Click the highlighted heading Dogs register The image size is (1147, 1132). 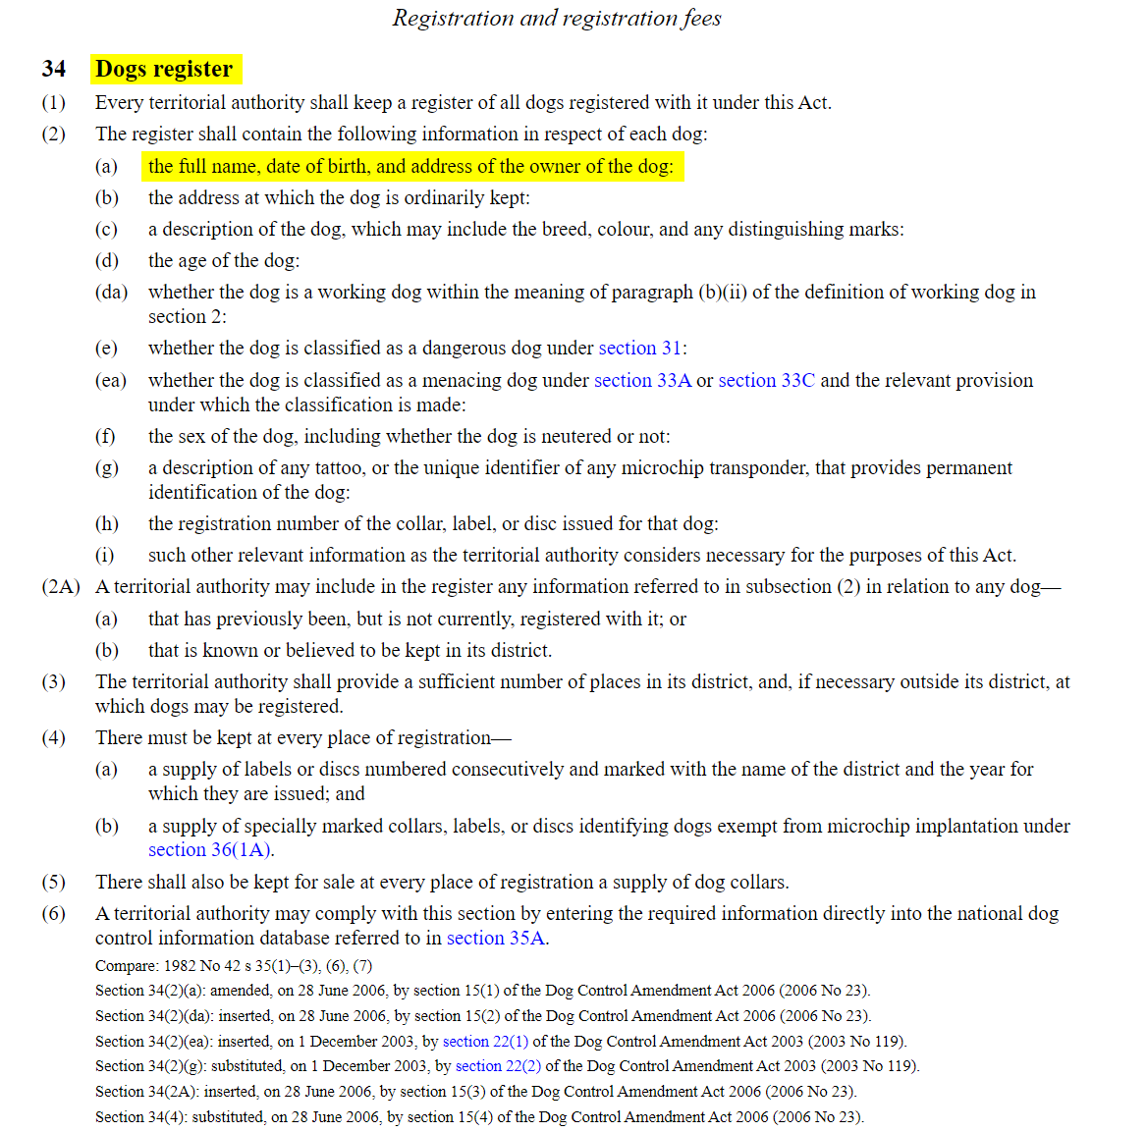tap(164, 69)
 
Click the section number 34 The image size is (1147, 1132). tap(54, 69)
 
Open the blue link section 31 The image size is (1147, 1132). tap(640, 349)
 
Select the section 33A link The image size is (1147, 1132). tap(642, 381)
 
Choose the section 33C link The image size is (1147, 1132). tap(766, 381)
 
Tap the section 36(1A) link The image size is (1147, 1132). tap(210, 850)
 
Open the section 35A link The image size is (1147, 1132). tap(495, 939)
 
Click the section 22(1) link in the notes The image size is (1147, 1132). tap(485, 1042)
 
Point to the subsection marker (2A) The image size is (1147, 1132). tap(60, 587)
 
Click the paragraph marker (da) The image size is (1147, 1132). tap(111, 293)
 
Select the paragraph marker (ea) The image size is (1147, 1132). tap(110, 381)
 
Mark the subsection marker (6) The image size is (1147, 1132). tap(53, 914)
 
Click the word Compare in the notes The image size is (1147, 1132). tap(126, 966)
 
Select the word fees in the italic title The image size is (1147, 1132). tap(701, 18)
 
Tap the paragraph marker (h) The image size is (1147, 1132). tap(106, 524)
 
